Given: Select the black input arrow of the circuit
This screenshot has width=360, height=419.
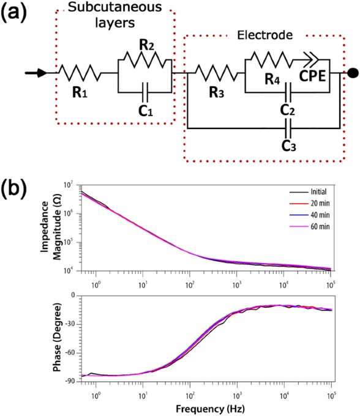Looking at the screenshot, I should click(x=36, y=73).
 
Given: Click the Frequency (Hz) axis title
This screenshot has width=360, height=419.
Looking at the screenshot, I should click(x=210, y=407).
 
